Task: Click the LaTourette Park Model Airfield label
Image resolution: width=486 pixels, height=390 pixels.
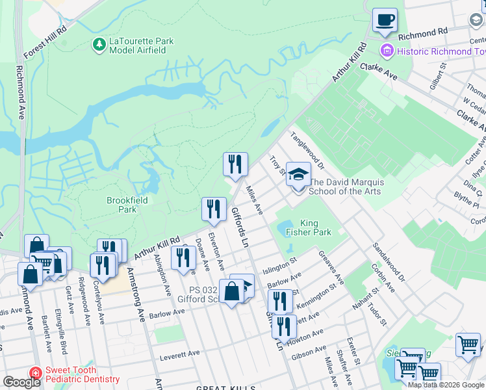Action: coord(141,46)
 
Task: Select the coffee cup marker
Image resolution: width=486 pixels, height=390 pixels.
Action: coord(385,21)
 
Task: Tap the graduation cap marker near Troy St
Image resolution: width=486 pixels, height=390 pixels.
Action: coord(298,176)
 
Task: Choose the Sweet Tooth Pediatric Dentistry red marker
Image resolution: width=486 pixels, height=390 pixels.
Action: coord(35,374)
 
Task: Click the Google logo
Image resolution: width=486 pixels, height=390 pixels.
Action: coord(21,382)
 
